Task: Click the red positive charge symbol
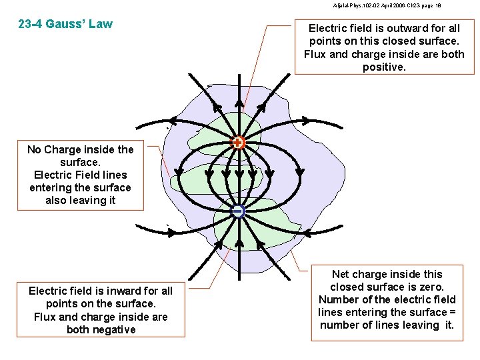(x=238, y=142)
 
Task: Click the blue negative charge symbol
(x=238, y=211)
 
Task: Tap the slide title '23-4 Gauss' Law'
(x=65, y=24)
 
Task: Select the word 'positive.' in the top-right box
(x=384, y=67)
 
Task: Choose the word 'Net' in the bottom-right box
(x=341, y=274)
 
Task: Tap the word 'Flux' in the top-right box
(x=315, y=55)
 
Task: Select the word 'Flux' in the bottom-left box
(x=45, y=317)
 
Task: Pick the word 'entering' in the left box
(x=49, y=187)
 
